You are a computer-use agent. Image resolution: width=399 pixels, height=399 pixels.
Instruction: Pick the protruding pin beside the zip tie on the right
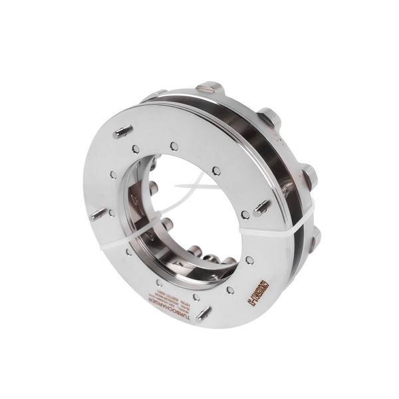tap(262, 208)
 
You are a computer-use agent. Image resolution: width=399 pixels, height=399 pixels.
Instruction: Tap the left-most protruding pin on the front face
tap(98, 214)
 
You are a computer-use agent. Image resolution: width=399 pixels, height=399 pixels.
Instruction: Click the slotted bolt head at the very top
tap(206, 86)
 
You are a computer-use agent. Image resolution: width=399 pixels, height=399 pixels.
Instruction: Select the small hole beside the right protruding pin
tap(245, 215)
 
